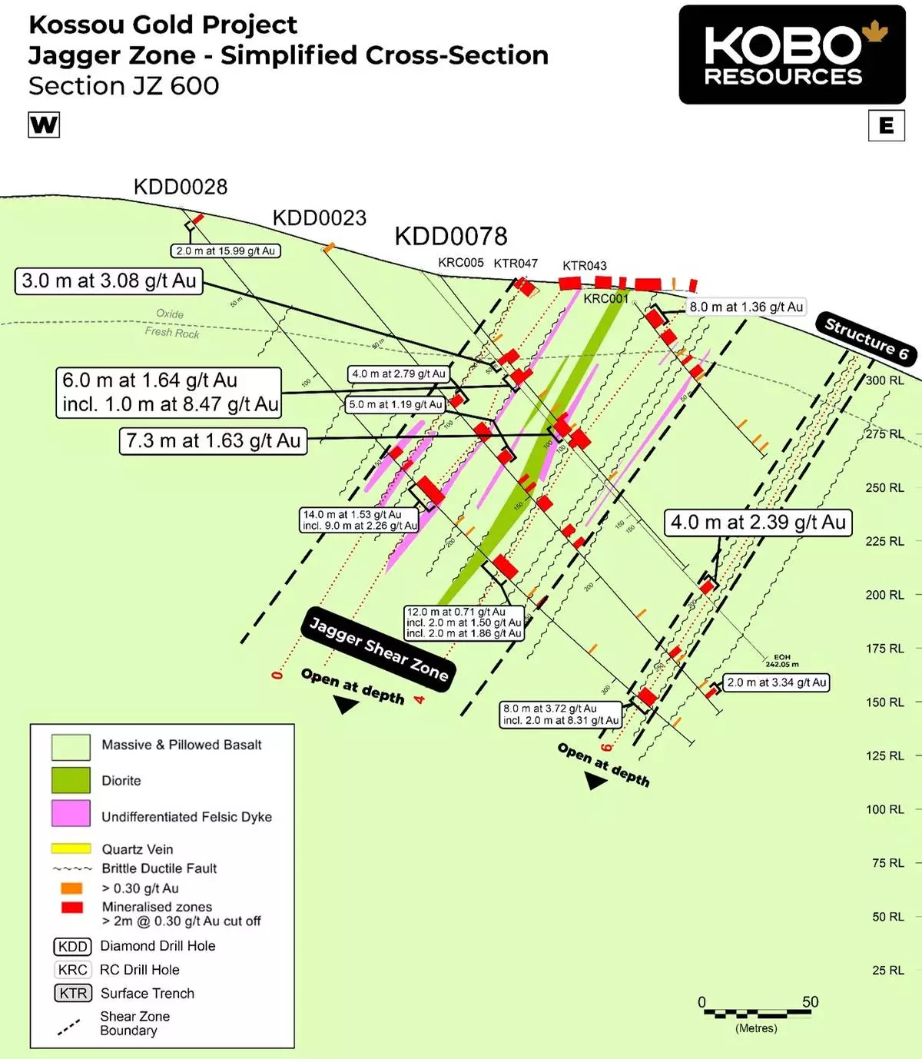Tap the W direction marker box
click(44, 124)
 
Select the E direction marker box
click(886, 125)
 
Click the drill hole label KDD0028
click(181, 187)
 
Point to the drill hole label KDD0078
click(451, 236)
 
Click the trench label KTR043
click(584, 266)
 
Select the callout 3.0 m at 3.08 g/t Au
click(108, 281)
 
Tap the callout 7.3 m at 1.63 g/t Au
click(213, 441)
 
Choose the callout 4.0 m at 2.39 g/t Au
click(758, 523)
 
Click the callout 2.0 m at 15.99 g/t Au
click(225, 251)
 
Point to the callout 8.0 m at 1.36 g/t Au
click(745, 307)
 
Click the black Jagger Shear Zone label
click(378, 649)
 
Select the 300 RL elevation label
click(885, 380)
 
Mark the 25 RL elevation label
click(887, 971)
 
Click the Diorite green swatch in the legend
click(71, 780)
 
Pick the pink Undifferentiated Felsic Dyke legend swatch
click(71, 814)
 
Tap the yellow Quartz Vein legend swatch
click(71, 848)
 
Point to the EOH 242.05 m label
click(782, 660)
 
